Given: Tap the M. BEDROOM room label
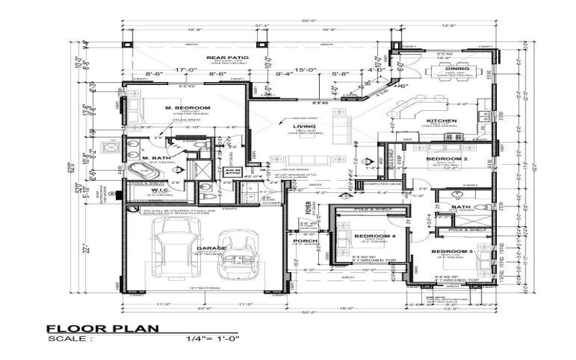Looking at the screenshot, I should tap(187, 108).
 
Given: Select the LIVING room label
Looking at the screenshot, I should tap(299, 127).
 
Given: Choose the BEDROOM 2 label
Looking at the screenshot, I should tap(446, 158).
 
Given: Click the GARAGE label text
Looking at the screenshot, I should tap(211, 248).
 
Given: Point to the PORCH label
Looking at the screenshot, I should tap(301, 240).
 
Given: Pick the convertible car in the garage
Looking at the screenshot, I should tap(238, 256).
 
